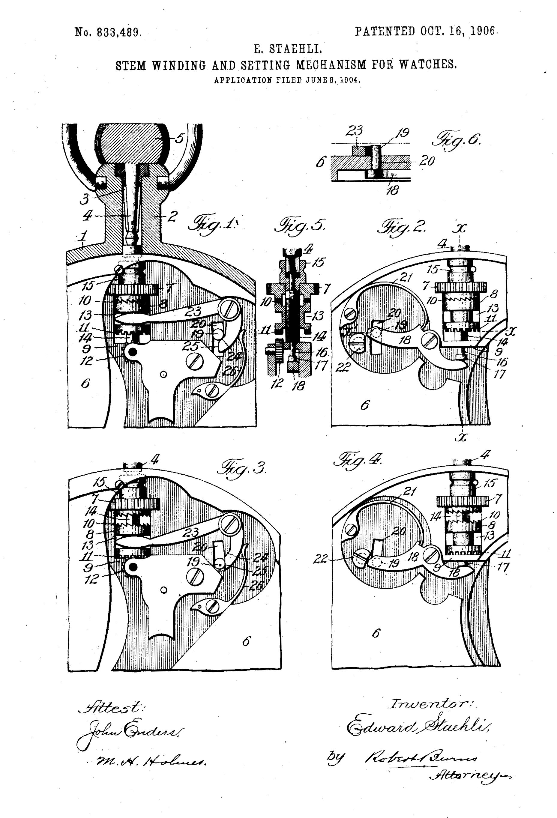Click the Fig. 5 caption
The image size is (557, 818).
300,225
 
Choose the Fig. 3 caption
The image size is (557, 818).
243,468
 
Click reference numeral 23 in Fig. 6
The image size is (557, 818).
354,131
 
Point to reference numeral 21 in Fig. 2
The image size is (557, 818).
406,278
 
